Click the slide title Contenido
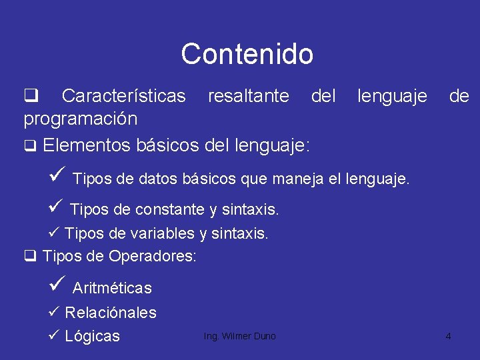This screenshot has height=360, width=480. [247, 54]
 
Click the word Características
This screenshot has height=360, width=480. [123, 97]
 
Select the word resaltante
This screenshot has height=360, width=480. [248, 97]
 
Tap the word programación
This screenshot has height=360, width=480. [81, 119]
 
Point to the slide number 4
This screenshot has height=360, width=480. [448, 336]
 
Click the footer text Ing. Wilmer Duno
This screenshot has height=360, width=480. [239, 336]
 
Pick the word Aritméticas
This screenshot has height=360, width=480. [112, 289]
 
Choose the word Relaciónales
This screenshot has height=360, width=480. [111, 313]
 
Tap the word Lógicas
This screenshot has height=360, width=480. [93, 336]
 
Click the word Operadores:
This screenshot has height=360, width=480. [153, 256]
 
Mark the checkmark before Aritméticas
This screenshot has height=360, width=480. [57, 286]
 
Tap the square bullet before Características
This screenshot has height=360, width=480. [30, 97]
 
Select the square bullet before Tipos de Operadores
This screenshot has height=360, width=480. [29, 256]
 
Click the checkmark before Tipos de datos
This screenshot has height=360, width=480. [57, 176]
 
